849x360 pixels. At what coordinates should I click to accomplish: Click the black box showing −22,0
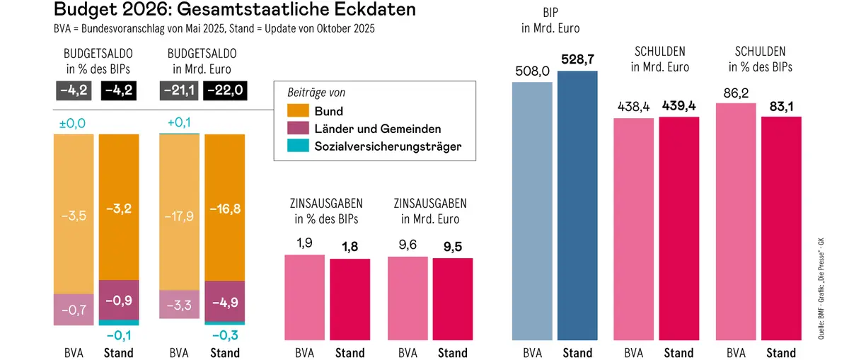pyautogui.click(x=225, y=90)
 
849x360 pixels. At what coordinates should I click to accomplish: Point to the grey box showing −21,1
pyautogui.click(x=180, y=90)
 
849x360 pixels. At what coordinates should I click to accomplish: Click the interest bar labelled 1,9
pyautogui.click(x=304, y=297)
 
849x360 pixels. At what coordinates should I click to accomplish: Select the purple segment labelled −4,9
pyautogui.click(x=225, y=301)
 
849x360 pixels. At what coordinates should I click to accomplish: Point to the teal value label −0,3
pyautogui.click(x=225, y=335)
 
